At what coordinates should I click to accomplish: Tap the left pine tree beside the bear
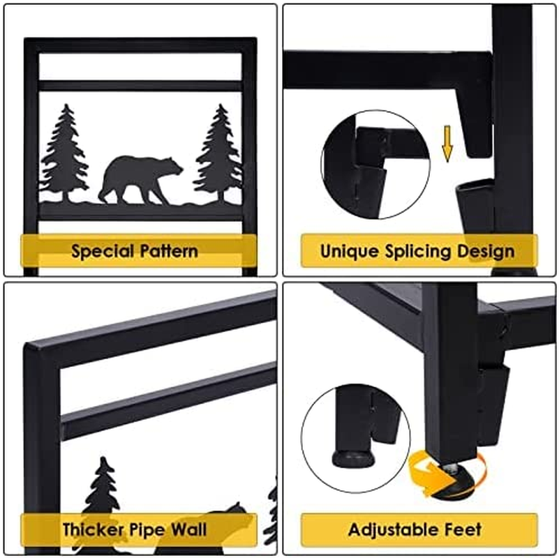point(64,153)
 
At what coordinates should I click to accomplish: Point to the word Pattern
point(169,251)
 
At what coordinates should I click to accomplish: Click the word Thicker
point(93,529)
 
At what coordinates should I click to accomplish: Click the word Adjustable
point(392,530)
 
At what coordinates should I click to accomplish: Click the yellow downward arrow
point(447,143)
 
